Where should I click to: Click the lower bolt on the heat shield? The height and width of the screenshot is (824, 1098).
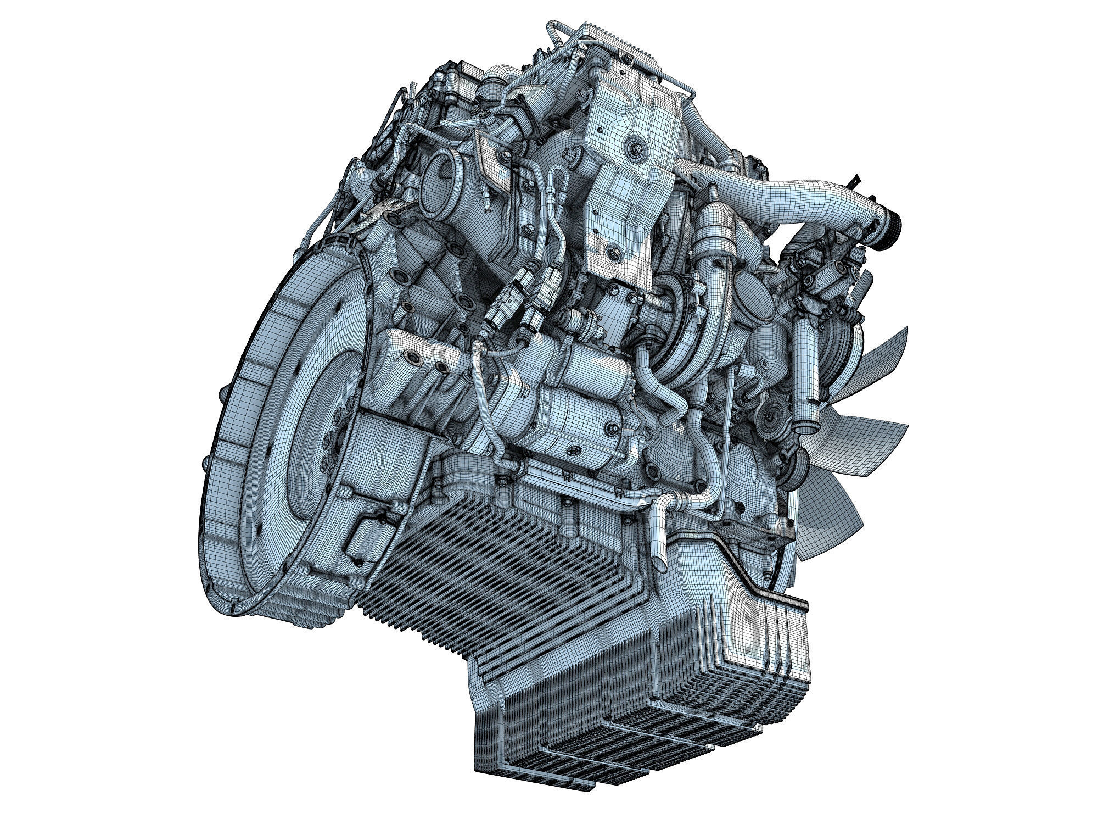[611, 253]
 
